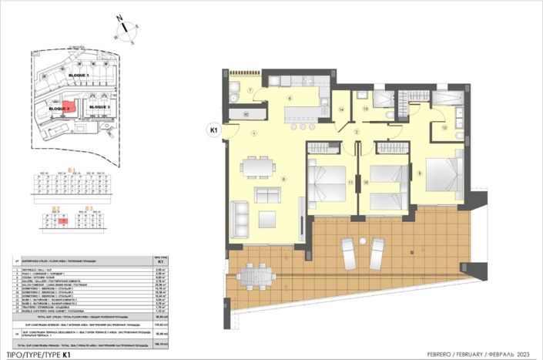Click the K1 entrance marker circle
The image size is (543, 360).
(214, 131)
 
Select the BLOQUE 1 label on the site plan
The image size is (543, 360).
(79, 75)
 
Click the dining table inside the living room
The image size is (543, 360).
(255, 167)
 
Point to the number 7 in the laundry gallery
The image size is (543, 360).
(251, 90)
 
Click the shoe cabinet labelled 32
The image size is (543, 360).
(246, 114)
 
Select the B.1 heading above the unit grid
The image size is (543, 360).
(71, 170)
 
